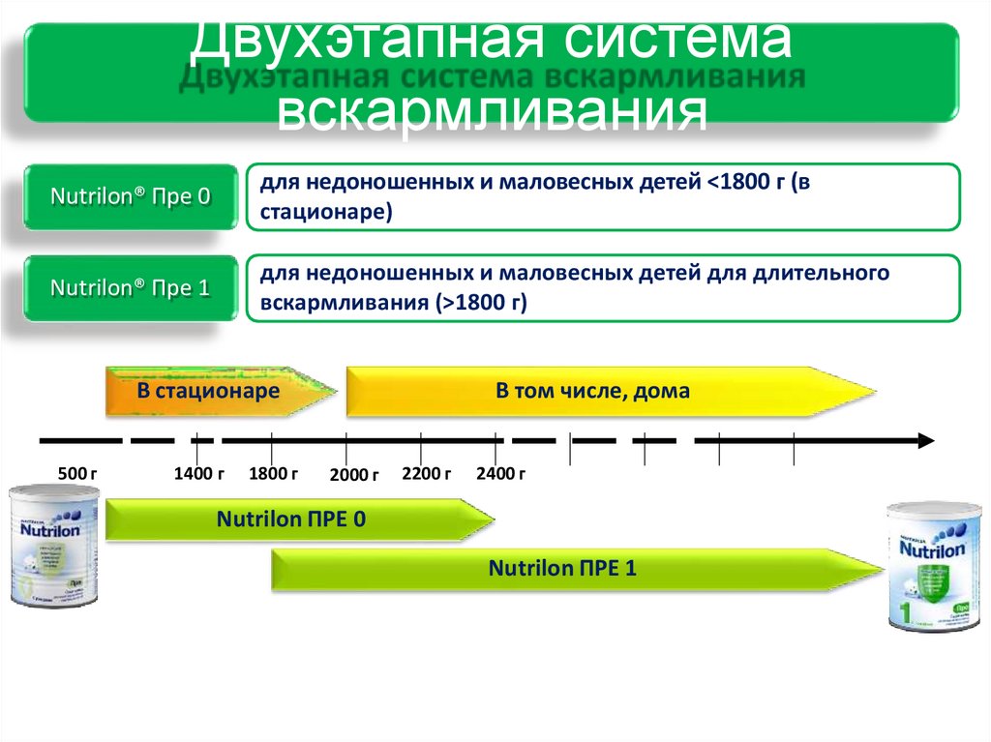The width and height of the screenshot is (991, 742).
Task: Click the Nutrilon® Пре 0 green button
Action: pos(130,196)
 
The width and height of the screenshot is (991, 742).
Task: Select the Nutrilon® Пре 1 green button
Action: pos(130,288)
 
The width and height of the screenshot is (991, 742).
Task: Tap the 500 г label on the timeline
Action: pos(77,474)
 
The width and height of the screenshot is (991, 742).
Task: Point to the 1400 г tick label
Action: pos(198,474)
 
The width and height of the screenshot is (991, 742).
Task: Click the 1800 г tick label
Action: pos(273,474)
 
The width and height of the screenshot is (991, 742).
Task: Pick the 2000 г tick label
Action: pos(353,475)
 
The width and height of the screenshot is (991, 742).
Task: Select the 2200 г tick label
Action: pos(426,474)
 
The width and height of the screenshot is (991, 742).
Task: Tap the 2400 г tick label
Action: pos(500,474)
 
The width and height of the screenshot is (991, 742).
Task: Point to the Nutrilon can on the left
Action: pos(53,547)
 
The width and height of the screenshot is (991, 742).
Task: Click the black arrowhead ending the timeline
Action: pos(924,441)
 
